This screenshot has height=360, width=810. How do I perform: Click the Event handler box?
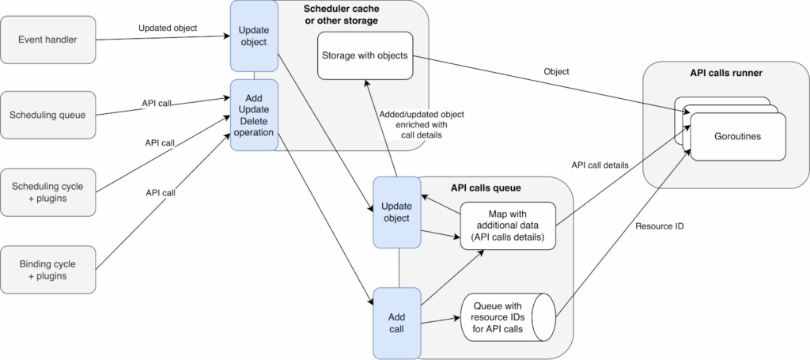click(x=48, y=39)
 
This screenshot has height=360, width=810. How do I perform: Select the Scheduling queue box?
click(x=48, y=115)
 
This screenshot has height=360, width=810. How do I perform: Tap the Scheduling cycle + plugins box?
click(x=48, y=191)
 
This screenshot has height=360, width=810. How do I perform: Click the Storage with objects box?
click(x=365, y=55)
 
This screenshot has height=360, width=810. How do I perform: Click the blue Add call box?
click(x=396, y=323)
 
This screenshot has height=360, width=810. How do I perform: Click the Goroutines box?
click(x=737, y=136)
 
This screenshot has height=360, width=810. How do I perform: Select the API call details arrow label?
click(x=600, y=165)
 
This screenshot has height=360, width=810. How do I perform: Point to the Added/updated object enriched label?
click(x=419, y=124)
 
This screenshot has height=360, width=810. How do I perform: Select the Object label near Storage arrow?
click(x=556, y=72)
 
